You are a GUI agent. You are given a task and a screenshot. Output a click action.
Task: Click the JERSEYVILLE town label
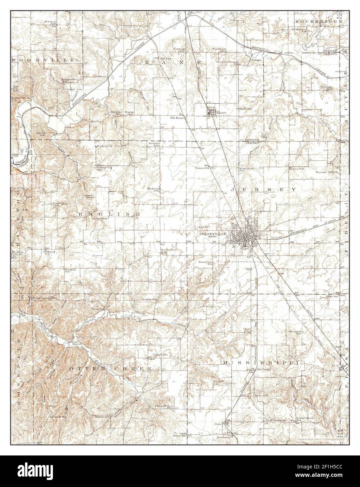(212, 233)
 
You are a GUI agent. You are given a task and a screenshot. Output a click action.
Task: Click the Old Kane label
(177, 118)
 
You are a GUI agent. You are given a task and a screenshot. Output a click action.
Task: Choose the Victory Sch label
(296, 169)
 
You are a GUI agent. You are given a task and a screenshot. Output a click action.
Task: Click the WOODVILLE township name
(42, 60)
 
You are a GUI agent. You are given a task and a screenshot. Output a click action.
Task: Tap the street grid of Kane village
(212, 113)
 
